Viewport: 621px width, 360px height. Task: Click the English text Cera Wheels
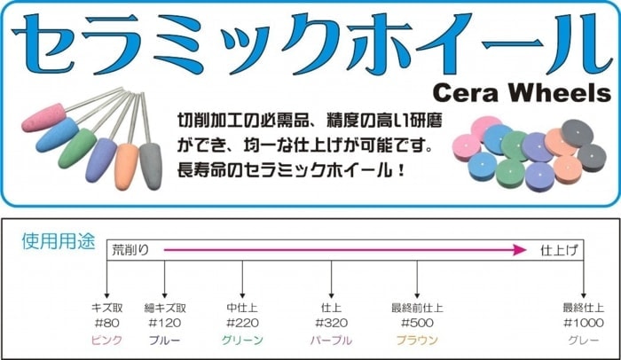pos(523,93)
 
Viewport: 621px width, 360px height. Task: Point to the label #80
pos(106,323)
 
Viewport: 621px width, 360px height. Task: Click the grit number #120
pos(164,323)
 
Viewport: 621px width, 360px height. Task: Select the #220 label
pos(242,323)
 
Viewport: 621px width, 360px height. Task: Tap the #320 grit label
pos(331,323)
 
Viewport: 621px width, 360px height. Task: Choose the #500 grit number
pos(416,323)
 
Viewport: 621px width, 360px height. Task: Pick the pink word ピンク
pos(106,340)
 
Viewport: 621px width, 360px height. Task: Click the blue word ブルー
pos(164,340)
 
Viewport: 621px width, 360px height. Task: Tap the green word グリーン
pos(242,340)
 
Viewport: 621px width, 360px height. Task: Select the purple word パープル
pos(331,340)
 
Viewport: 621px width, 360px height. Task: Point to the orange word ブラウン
pos(416,340)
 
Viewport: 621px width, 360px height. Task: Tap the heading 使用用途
pos(57,241)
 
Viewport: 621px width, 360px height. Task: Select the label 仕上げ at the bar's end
pos(559,250)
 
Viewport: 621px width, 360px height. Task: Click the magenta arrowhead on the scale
pos(520,250)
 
